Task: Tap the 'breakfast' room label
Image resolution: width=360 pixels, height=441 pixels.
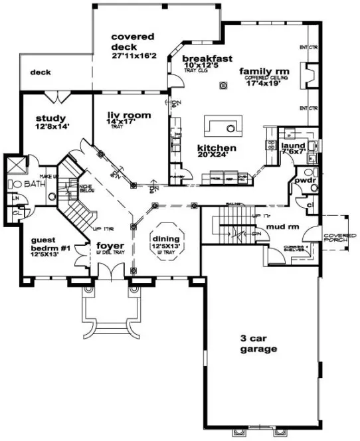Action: click(x=207, y=58)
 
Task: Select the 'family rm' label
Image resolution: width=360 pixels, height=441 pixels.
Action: click(x=262, y=71)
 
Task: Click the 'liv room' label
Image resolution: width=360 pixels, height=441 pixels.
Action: click(x=129, y=115)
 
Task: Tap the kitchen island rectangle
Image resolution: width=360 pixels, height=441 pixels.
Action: click(x=221, y=125)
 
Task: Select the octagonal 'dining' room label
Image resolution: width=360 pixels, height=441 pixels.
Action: click(x=166, y=240)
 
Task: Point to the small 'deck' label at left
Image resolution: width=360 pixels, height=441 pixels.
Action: click(x=41, y=73)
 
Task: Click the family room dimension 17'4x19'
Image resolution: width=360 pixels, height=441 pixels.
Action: click(x=264, y=84)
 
